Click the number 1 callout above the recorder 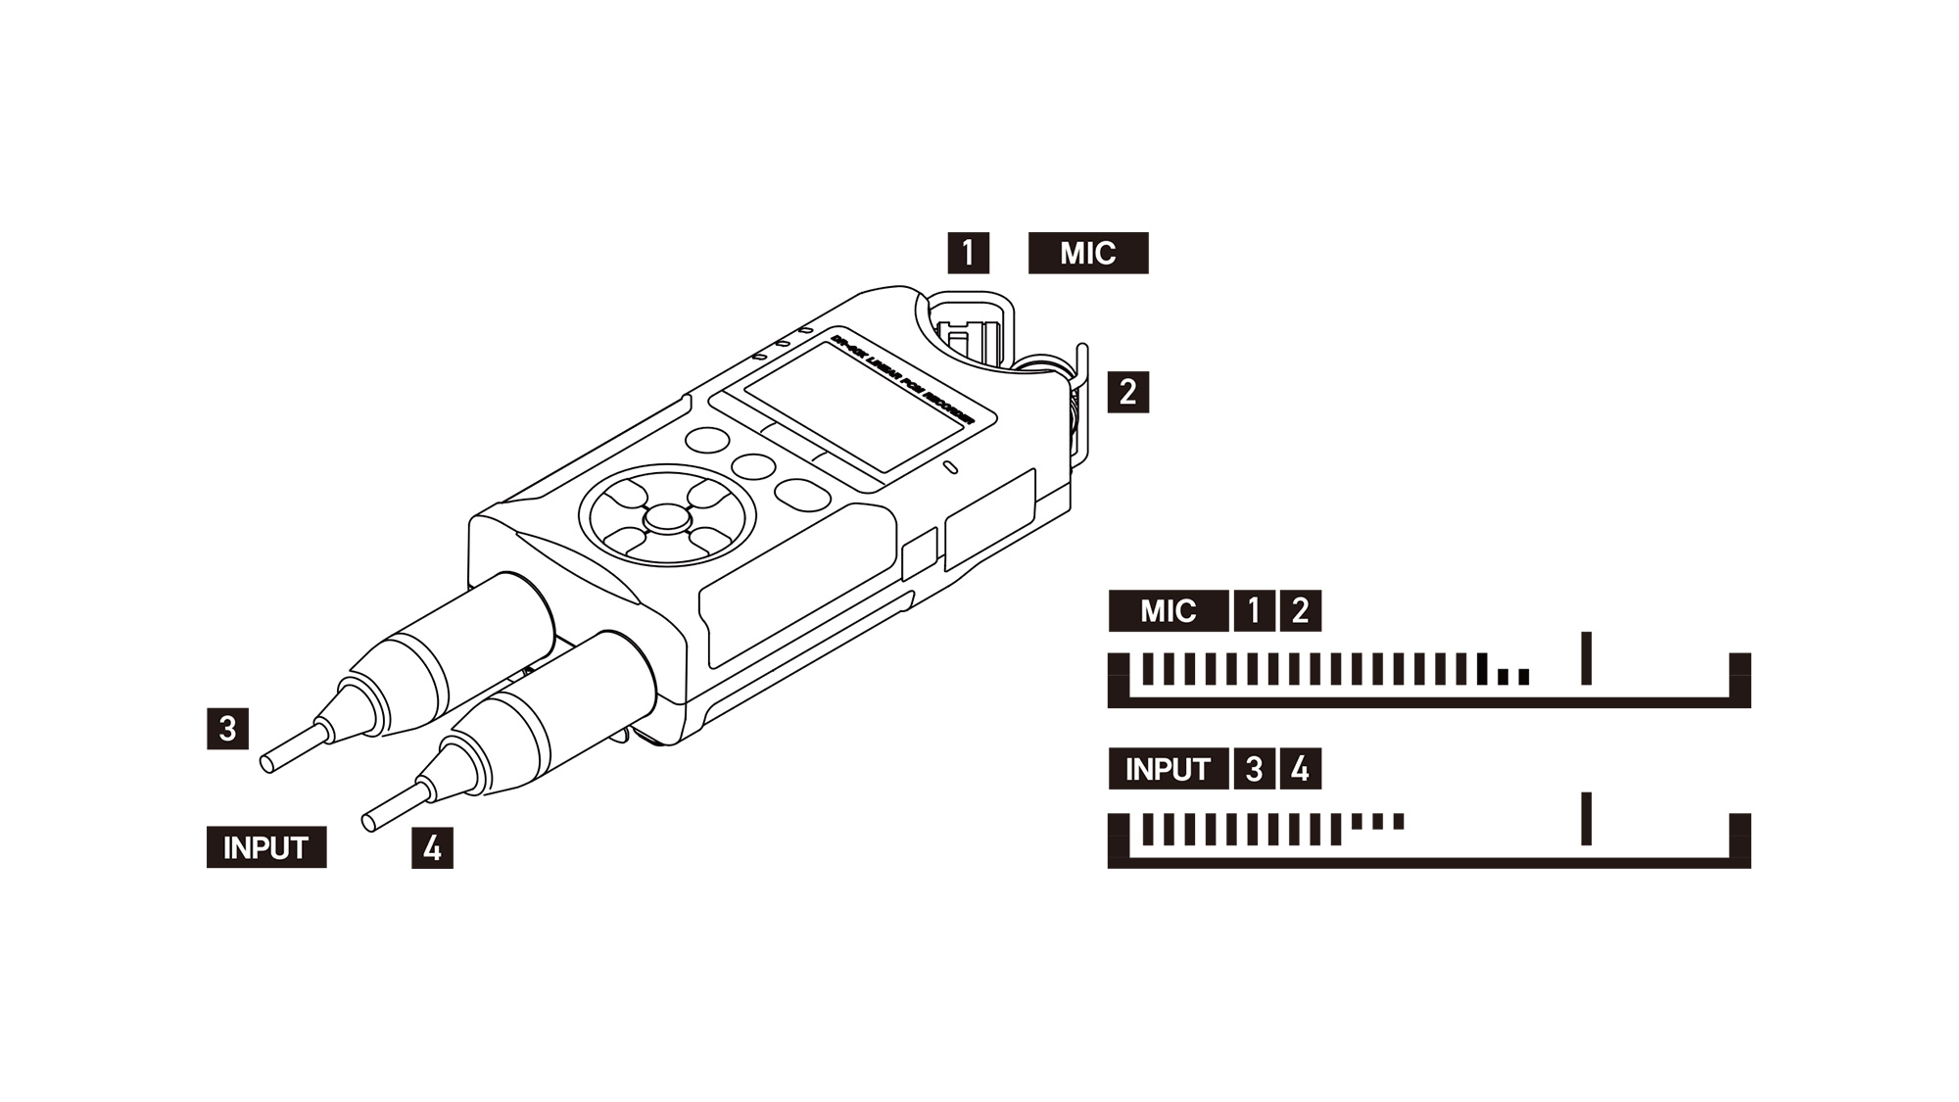pos(968,253)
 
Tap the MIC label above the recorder pos(1087,253)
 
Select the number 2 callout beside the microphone pos(1127,392)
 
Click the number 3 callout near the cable pos(227,729)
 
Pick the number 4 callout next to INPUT pos(432,848)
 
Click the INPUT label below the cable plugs pos(265,847)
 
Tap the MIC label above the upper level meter pos(1168,611)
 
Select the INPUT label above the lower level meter pos(1168,769)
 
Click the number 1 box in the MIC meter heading pos(1254,611)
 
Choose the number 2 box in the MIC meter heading pos(1301,611)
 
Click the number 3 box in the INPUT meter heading pos(1254,769)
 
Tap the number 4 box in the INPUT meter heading pos(1301,769)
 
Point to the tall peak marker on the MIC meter pos(1587,658)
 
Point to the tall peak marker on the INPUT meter pos(1587,819)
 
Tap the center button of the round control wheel pos(667,516)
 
